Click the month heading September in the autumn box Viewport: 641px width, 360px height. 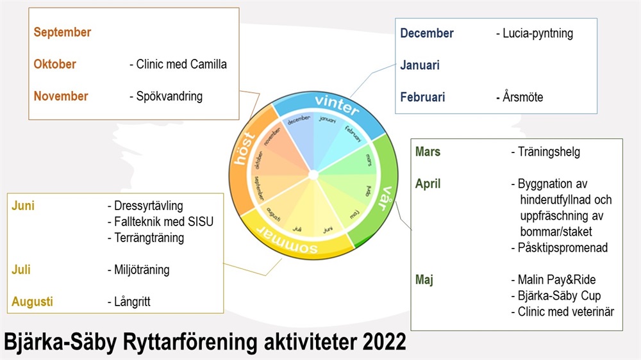62,32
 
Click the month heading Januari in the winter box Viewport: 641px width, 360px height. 420,65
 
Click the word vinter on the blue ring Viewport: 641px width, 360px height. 337,104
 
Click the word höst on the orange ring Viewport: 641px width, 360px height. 244,149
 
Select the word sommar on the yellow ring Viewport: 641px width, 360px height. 287,239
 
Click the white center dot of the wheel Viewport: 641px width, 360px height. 313,175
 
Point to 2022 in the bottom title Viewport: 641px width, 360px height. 384,342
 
